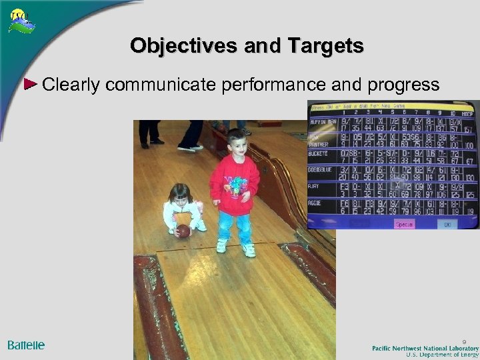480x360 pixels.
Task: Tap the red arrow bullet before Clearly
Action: (x=31, y=84)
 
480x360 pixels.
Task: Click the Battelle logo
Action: (x=26, y=345)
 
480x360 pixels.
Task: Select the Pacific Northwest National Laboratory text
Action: (x=425, y=348)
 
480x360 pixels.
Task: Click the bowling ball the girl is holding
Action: (x=183, y=231)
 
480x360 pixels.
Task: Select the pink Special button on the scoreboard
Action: (x=403, y=224)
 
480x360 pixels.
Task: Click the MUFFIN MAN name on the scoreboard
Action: (x=322, y=122)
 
